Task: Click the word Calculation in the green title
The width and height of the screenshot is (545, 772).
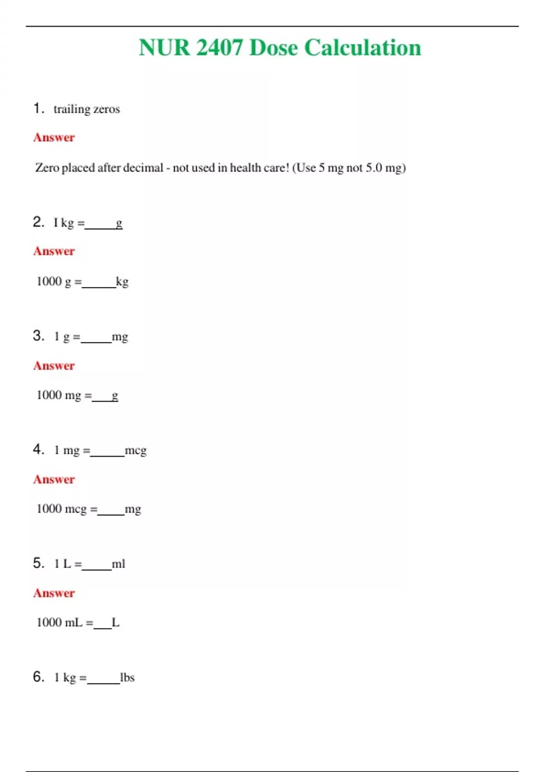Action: coord(362,48)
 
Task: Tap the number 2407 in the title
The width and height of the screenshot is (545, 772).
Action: coord(219,48)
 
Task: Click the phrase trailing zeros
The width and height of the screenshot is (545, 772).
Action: coord(86,109)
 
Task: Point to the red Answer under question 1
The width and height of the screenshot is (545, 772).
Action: coord(54,138)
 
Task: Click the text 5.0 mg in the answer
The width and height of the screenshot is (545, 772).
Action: coord(385,168)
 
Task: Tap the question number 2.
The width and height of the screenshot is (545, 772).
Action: coord(38,222)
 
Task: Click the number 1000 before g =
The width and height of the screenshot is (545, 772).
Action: coord(49,282)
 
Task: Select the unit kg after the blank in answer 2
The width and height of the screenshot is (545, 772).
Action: coord(122,282)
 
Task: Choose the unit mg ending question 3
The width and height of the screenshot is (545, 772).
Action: coord(120,337)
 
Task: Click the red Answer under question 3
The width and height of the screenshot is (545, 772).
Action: coord(54,366)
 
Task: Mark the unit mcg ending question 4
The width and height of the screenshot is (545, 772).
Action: coord(135,450)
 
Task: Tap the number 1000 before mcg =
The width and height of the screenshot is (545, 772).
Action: coord(49,509)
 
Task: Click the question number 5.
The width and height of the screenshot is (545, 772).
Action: coord(38,563)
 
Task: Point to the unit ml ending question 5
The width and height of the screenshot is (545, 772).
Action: coord(119,564)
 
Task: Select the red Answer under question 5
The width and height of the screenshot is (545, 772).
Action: coord(54,593)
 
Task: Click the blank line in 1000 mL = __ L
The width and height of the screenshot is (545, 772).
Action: coord(103,627)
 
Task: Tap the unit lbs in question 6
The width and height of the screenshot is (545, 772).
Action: coord(127,678)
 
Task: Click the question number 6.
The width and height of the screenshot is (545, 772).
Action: coord(38,677)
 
